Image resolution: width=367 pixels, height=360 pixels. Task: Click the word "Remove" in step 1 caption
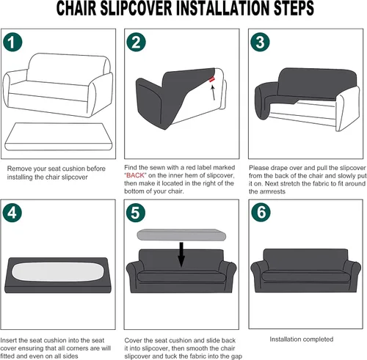tap(20, 168)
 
